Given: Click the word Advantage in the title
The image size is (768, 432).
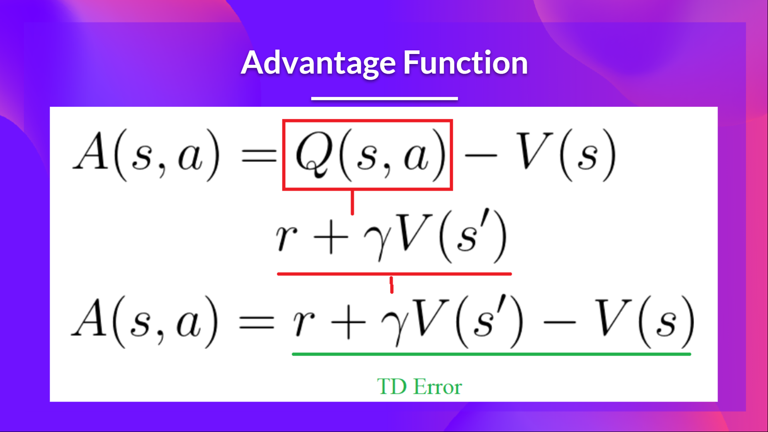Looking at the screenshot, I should point(318,63).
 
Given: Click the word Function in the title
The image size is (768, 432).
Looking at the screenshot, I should point(465,63).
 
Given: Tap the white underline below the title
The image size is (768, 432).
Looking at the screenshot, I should point(384,98).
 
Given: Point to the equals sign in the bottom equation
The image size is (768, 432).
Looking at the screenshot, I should point(256,322).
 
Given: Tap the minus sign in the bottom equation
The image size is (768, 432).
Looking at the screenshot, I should point(559,322).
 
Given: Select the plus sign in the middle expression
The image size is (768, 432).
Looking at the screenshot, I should point(331,238).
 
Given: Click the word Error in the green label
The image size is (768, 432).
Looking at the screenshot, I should point(438,387).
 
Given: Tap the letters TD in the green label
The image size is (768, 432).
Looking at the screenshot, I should point(392,387).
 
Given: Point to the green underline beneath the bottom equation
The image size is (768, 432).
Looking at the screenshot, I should point(491,354).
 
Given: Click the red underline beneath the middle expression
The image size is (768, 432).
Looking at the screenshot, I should point(394,274).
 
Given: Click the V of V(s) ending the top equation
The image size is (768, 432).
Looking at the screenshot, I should point(534,151).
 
